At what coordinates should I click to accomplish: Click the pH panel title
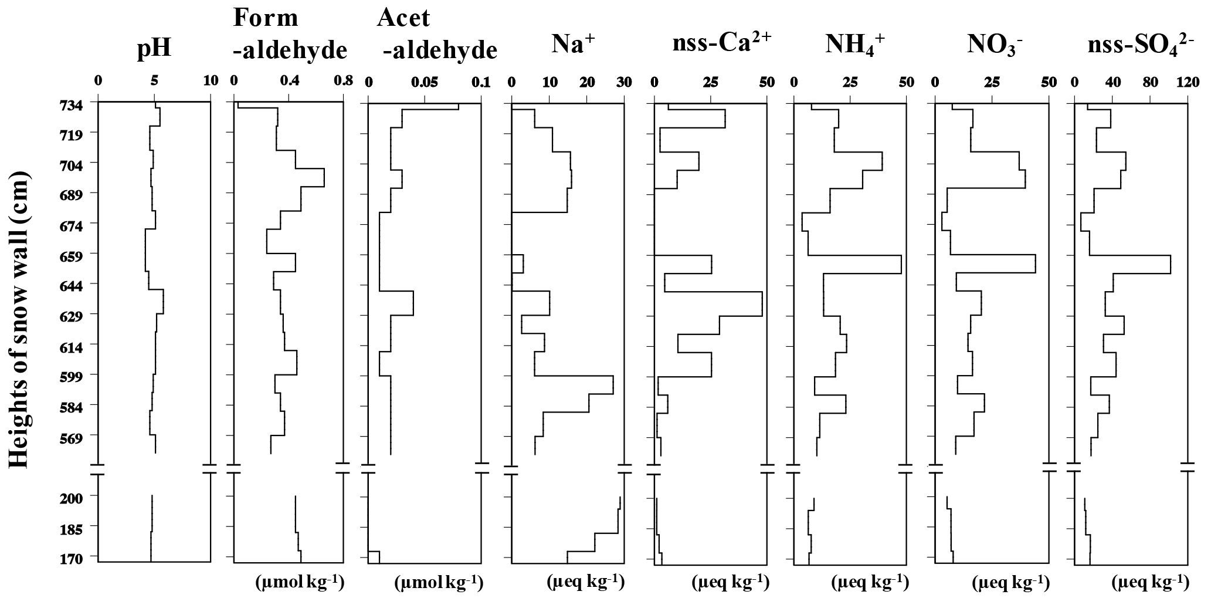click(x=154, y=49)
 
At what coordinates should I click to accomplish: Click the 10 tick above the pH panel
click(x=210, y=81)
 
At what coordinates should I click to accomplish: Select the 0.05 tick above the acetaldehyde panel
click(x=424, y=82)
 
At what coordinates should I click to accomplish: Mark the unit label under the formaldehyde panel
click(x=300, y=582)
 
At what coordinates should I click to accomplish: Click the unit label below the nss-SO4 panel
click(x=1151, y=582)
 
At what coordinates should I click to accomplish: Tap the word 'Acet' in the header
click(x=403, y=18)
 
